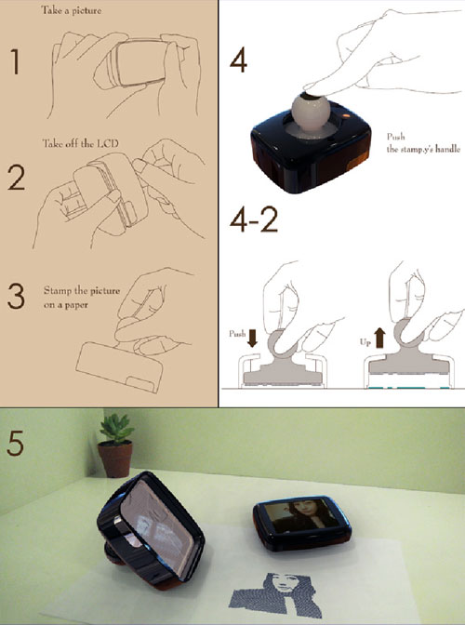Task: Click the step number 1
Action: [14, 62]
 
